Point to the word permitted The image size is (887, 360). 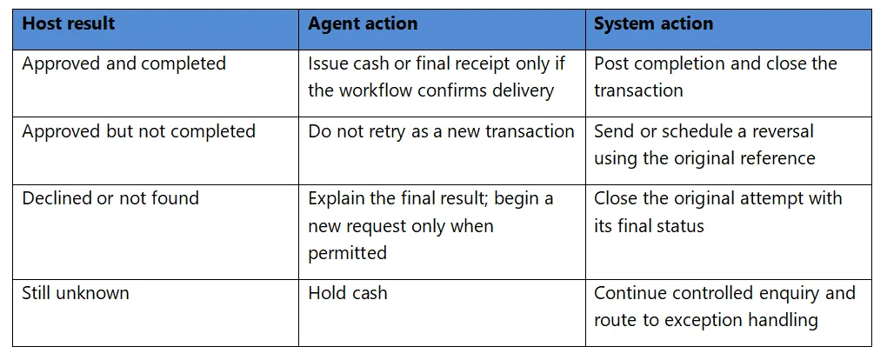(347, 252)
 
